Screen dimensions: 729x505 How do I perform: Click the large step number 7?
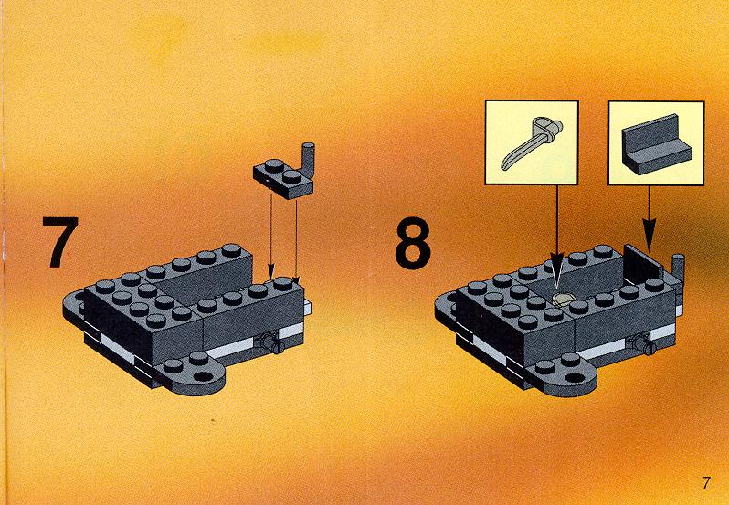(x=60, y=242)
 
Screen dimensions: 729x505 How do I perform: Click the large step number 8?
(x=413, y=244)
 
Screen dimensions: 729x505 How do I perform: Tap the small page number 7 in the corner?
(x=706, y=483)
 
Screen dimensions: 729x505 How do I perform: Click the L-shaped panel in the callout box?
(x=656, y=145)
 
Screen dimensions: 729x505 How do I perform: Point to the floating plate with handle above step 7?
(x=283, y=174)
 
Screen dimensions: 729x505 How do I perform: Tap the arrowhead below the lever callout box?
(x=556, y=267)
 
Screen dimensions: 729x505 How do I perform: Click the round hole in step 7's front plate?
(x=203, y=375)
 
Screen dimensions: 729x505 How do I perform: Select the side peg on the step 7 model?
(x=272, y=343)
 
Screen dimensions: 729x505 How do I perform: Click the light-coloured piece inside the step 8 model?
(x=564, y=300)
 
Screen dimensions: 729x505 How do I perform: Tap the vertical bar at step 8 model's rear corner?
(x=679, y=272)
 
